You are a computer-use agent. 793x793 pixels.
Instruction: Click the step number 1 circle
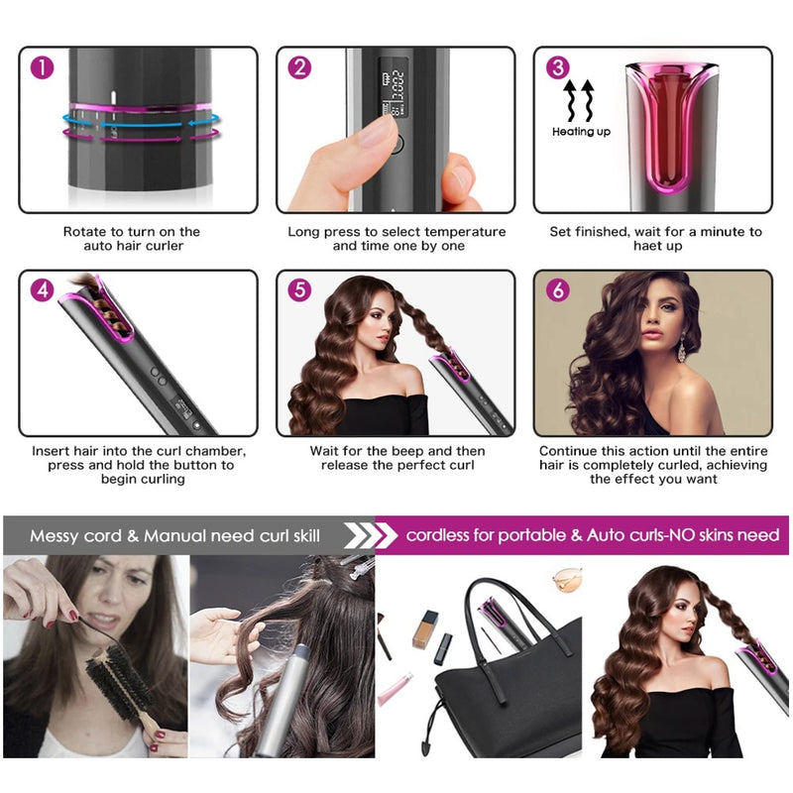pos(43,67)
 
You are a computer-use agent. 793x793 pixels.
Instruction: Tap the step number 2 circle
pos(300,67)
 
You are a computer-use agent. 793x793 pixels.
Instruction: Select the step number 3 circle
pos(558,67)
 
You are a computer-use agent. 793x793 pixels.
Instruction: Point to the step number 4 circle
pos(43,290)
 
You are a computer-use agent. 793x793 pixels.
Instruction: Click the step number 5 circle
pos(300,290)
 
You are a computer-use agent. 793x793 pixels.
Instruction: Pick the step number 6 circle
pos(558,290)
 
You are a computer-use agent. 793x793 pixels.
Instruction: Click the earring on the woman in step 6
pos(683,349)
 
